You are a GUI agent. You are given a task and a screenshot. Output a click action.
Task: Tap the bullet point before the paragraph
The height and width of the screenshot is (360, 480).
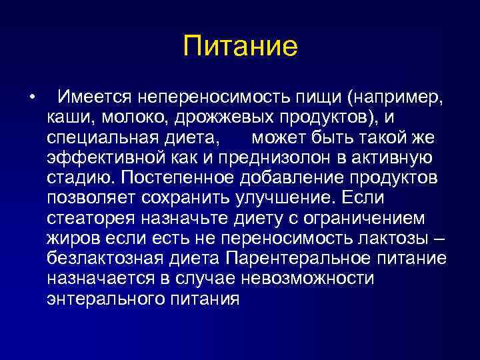click(31, 99)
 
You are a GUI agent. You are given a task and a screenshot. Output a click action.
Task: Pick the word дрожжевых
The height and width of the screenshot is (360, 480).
click(208, 118)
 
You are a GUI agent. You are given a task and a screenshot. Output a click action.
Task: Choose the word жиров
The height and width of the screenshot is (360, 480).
click(70, 238)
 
